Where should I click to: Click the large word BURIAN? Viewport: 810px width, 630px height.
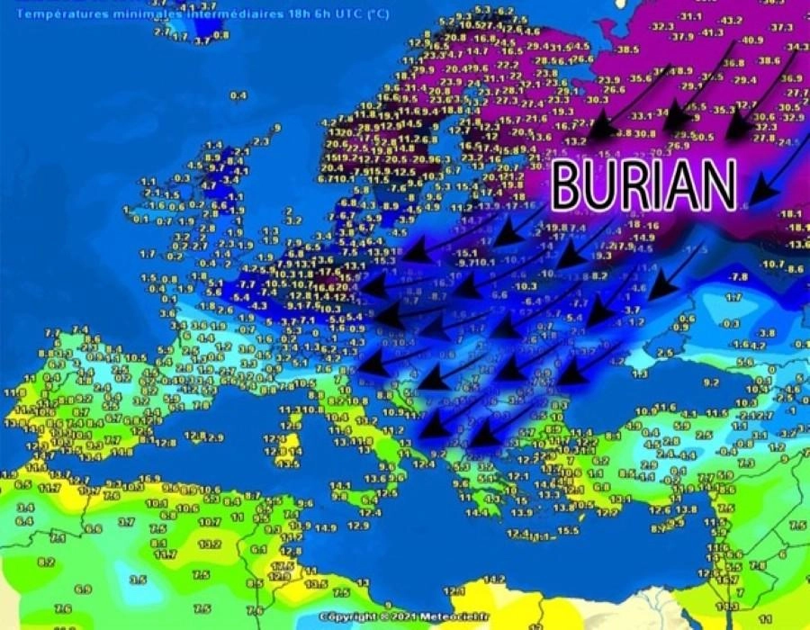click(643, 185)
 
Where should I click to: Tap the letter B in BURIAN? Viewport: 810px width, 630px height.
click(567, 185)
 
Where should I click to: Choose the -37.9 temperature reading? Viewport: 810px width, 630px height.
click(681, 37)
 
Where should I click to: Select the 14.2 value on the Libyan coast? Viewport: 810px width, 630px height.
click(494, 578)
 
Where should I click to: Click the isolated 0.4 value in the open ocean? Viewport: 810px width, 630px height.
click(238, 94)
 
